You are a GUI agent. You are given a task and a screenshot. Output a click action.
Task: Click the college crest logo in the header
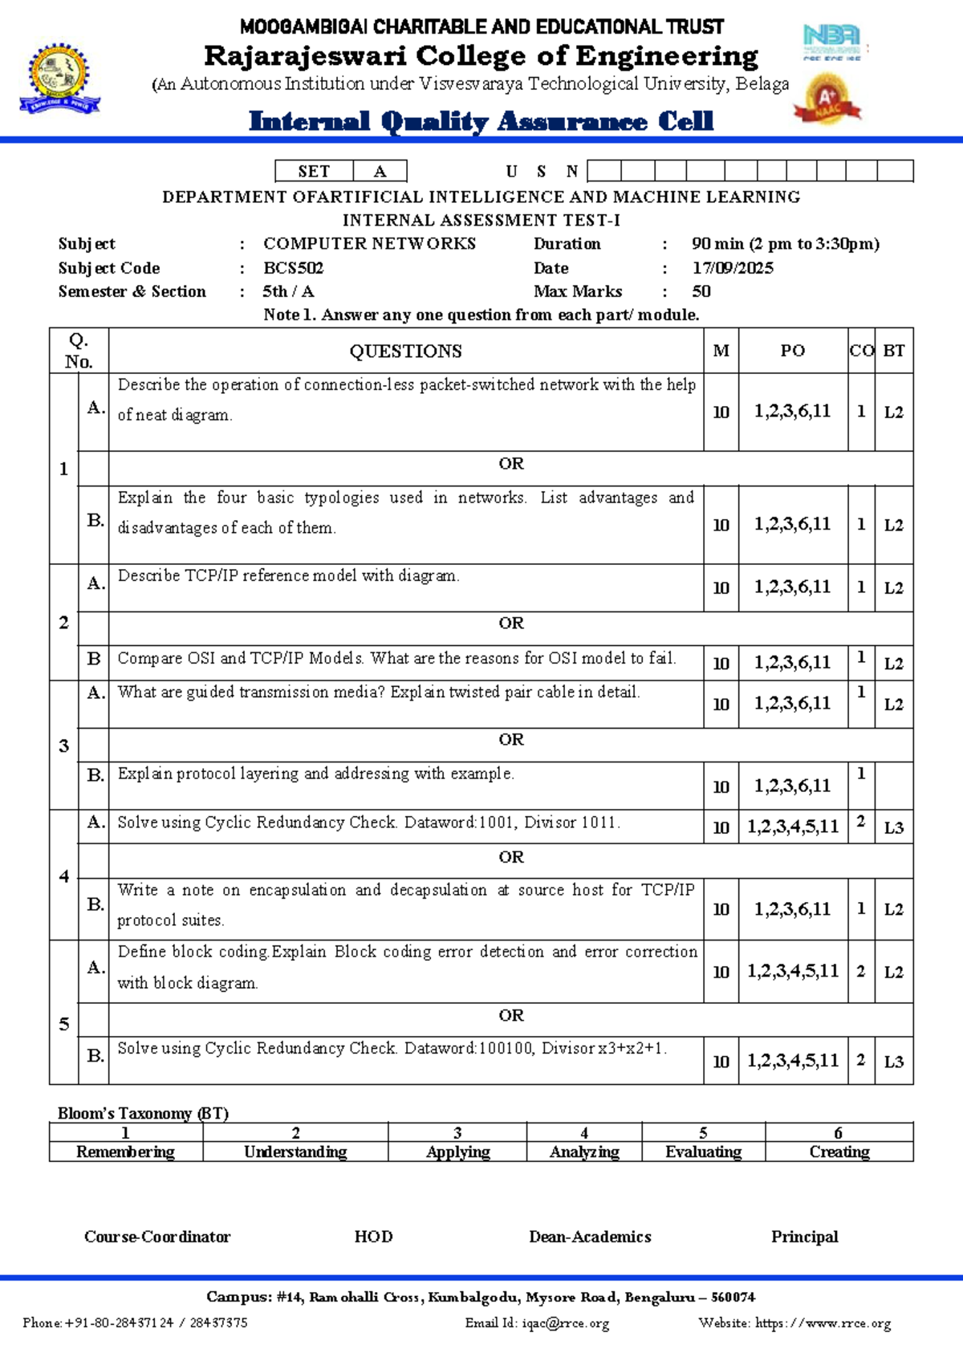(59, 79)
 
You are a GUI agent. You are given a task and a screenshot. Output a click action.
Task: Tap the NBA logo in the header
(832, 42)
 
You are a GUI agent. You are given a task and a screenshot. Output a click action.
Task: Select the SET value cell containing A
(380, 171)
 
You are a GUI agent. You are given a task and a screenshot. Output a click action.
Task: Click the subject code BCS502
(293, 268)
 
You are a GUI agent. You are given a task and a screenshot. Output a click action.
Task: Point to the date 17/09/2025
(733, 268)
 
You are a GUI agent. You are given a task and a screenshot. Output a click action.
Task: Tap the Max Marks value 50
(701, 291)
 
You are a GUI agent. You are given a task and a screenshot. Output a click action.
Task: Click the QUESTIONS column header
(405, 351)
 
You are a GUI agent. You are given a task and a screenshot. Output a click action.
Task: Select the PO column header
(792, 351)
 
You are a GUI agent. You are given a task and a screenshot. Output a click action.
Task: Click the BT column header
(893, 351)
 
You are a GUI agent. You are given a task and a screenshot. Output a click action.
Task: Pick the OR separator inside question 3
(510, 740)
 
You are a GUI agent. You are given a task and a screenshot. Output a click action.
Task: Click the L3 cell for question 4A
(893, 827)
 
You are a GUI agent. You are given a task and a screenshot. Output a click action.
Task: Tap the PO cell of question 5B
(792, 1061)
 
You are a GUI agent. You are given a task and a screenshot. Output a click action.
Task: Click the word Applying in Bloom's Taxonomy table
(457, 1152)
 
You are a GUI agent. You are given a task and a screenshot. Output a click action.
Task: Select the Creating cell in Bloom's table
(839, 1152)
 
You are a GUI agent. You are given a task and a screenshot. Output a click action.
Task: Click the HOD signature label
(373, 1237)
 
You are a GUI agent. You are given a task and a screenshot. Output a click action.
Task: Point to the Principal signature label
(804, 1237)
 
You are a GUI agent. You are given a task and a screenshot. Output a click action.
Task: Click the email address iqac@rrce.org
(565, 1323)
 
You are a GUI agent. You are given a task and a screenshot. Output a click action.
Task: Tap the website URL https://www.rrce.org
(823, 1323)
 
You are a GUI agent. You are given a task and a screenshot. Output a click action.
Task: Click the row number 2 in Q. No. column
(63, 623)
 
